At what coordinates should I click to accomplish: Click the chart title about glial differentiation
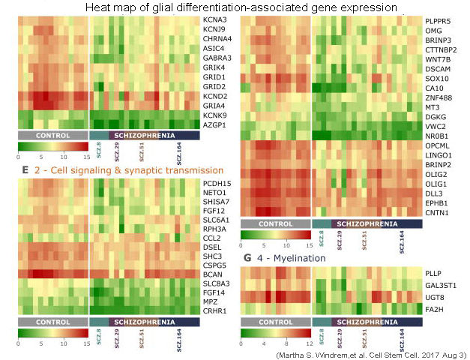241,7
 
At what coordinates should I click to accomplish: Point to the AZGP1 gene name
215,125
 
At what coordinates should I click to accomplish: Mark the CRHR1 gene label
215,310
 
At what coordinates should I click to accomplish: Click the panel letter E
25,170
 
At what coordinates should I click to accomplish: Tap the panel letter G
246,258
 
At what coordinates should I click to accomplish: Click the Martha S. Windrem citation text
371,353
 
